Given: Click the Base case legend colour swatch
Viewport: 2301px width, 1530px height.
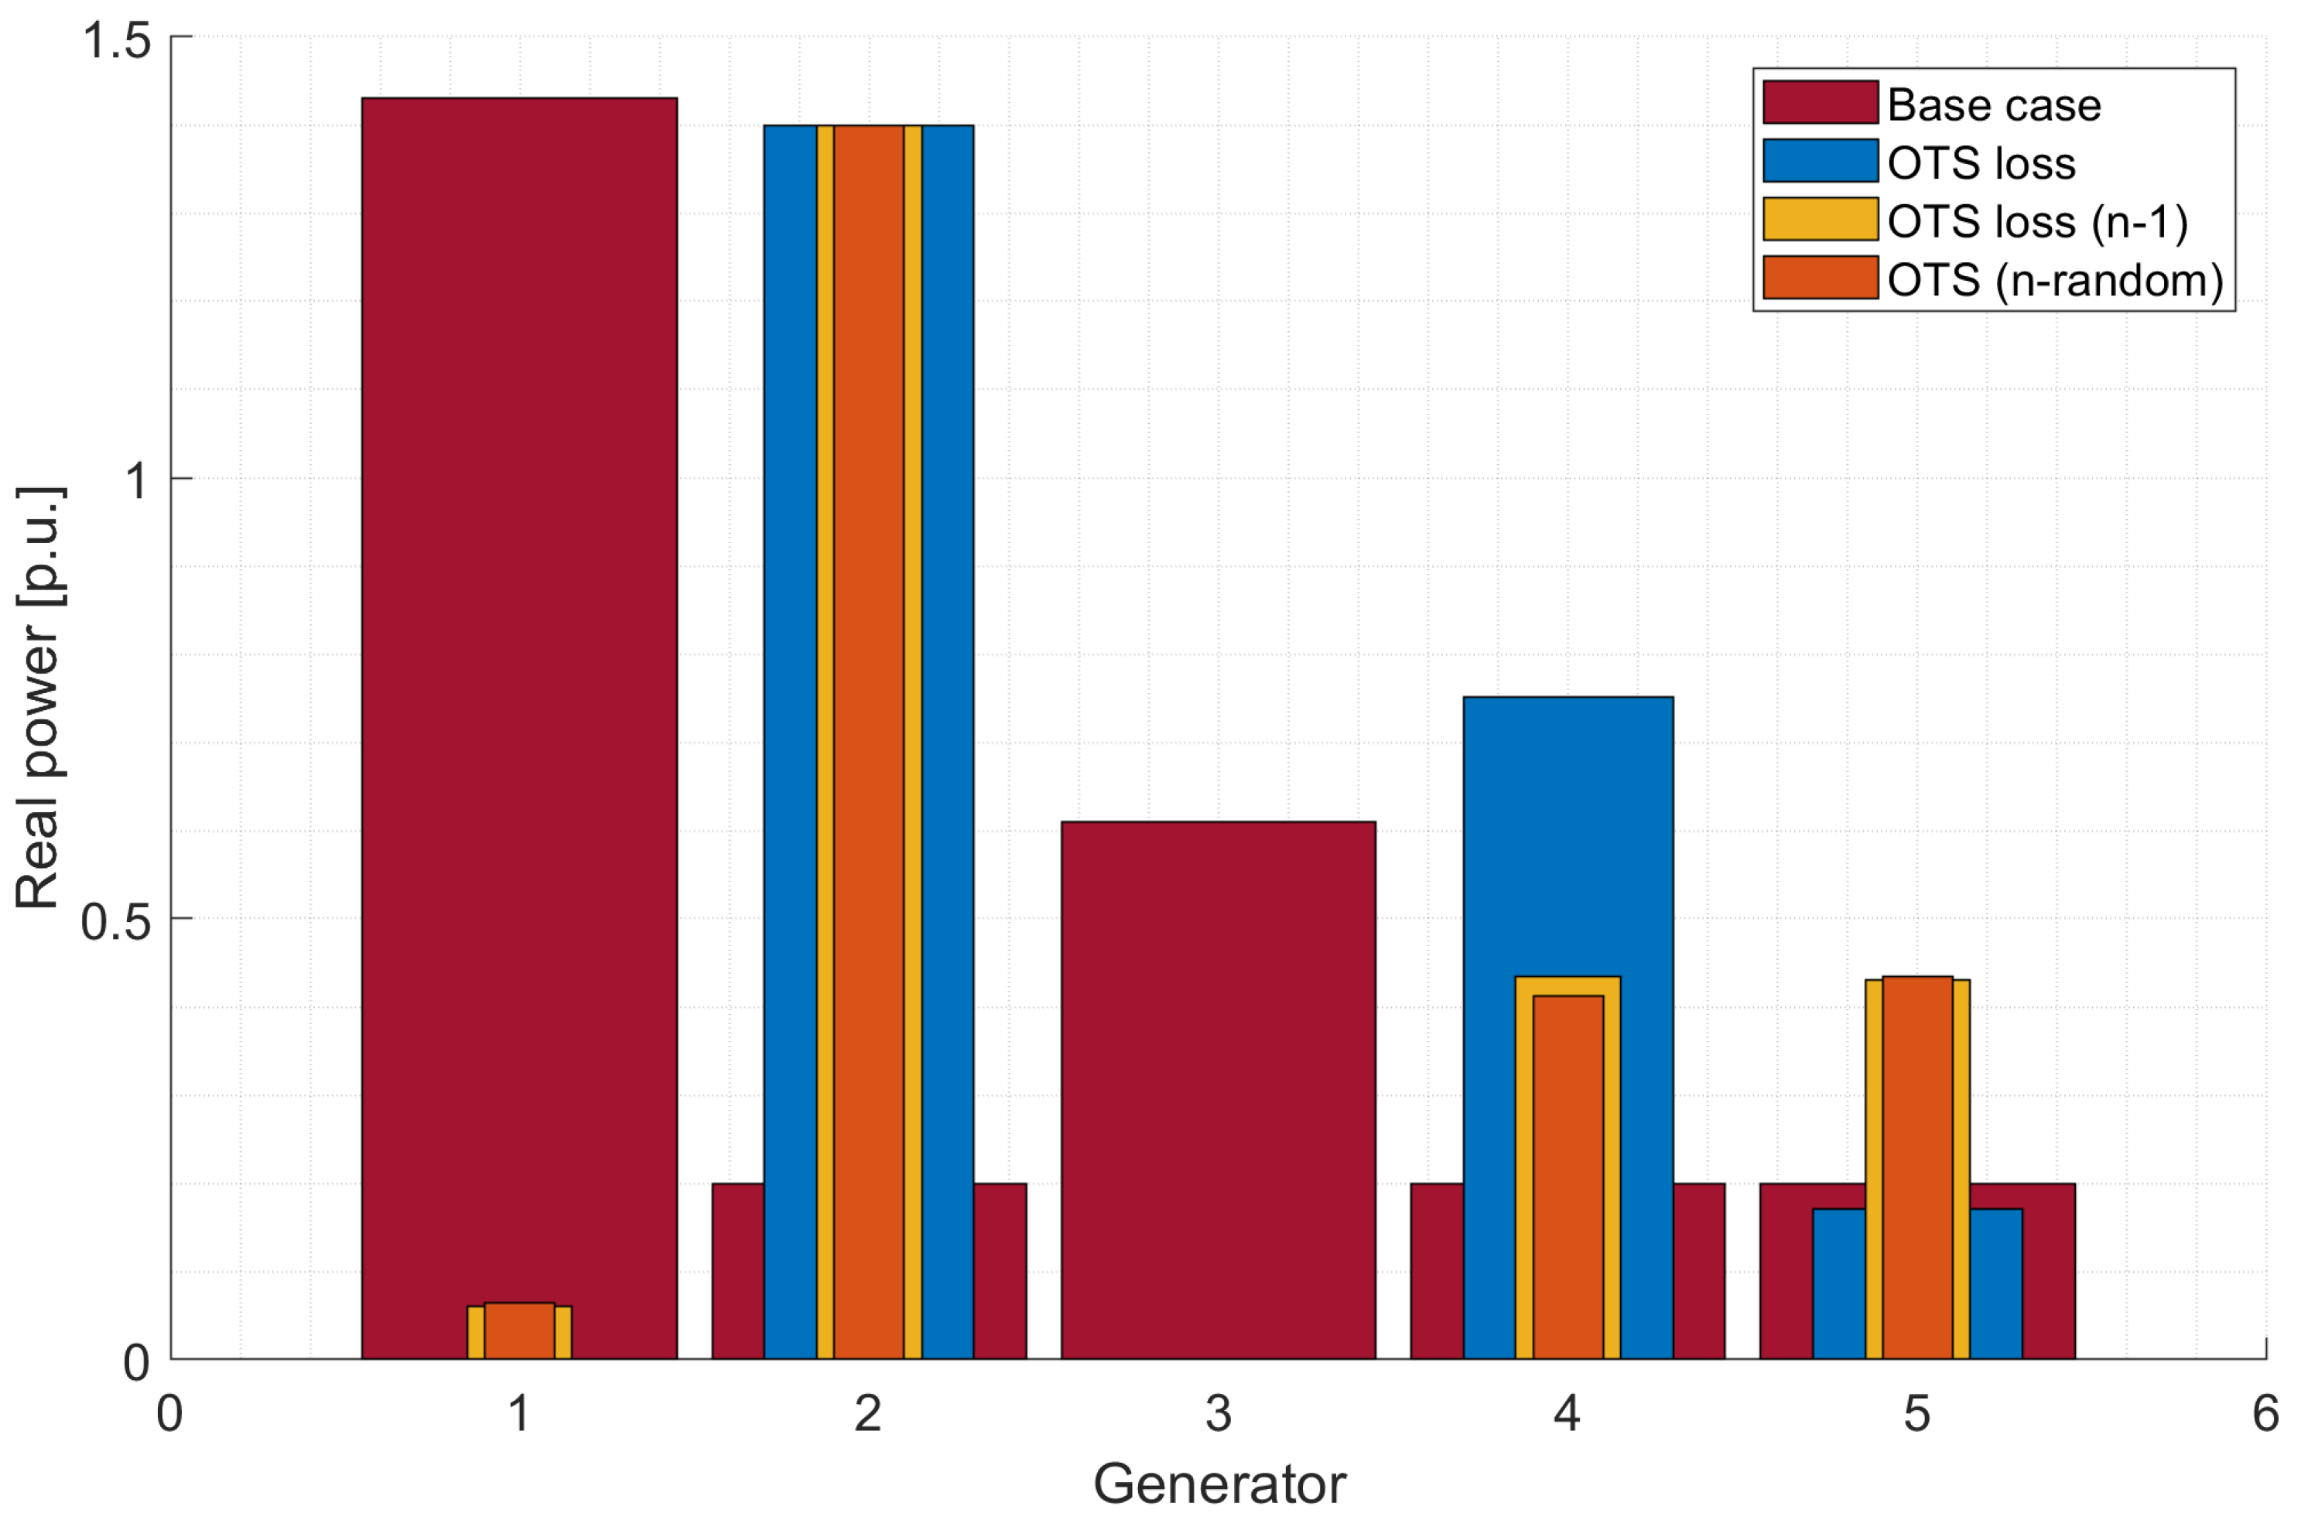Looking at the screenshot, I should tap(1819, 102).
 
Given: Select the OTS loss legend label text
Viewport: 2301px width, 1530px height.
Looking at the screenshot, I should tap(1980, 163).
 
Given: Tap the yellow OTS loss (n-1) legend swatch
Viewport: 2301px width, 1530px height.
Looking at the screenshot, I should tap(1819, 220).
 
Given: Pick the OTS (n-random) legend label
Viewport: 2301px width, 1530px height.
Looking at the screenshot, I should tap(2054, 280).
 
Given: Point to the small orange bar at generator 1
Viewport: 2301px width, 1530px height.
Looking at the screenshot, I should tap(519, 1331).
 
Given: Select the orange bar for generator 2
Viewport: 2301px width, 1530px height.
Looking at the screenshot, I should tap(869, 742).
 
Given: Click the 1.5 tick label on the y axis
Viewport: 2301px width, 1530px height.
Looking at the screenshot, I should tap(116, 41).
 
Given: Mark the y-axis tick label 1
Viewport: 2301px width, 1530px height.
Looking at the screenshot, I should tap(137, 481).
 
